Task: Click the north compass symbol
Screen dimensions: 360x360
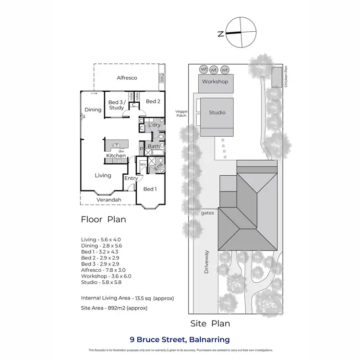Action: coord(235,34)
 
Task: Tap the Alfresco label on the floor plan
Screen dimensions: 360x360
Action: coord(127,77)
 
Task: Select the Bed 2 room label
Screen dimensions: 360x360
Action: coord(152,101)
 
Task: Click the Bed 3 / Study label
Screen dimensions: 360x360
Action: coord(116,105)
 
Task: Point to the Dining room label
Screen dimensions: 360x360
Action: coord(93,109)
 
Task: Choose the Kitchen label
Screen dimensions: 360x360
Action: coord(116,156)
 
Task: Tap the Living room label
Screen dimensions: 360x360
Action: coord(103,175)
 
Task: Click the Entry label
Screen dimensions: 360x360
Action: coord(131,179)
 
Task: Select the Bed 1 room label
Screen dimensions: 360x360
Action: coord(149,189)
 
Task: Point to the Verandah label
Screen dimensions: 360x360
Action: coord(108,200)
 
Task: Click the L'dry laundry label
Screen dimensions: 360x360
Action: coord(154,125)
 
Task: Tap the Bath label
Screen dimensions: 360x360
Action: coord(154,146)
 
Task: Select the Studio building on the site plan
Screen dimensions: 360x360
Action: coord(217,113)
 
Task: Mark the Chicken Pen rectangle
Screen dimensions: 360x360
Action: coord(276,77)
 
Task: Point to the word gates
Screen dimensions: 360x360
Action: coord(207,212)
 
